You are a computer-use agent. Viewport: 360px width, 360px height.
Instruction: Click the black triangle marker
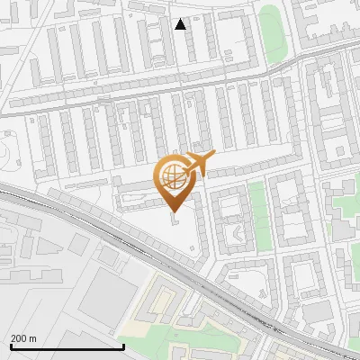pyautogui.click(x=181, y=24)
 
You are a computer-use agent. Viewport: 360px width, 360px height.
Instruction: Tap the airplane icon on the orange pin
pyautogui.click(x=196, y=164)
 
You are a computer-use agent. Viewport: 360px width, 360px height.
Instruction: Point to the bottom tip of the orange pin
pyautogui.click(x=174, y=213)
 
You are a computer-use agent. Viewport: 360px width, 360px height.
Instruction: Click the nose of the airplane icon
pyautogui.click(x=214, y=156)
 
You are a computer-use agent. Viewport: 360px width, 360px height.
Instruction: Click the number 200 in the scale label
pyautogui.click(x=19, y=338)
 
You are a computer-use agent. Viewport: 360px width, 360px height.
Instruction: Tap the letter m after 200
pyautogui.click(x=32, y=338)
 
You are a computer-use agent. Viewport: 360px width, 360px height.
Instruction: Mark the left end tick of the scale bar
pyautogui.click(x=11, y=346)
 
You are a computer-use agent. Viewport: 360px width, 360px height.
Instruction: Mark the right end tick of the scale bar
pyautogui.click(x=123, y=346)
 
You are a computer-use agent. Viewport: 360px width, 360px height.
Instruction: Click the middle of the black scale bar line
pyautogui.click(x=67, y=346)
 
